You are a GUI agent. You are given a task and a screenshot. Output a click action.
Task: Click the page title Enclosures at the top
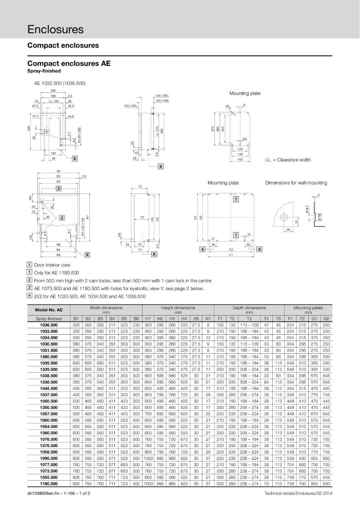pyautogui.click(x=56, y=29)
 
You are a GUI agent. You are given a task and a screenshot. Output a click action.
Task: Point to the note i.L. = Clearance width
pyautogui.click(x=287, y=160)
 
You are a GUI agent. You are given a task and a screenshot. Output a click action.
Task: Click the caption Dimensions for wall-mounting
pyautogui.click(x=296, y=183)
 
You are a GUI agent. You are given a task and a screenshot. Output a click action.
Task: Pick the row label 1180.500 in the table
pyautogui.click(x=48, y=484)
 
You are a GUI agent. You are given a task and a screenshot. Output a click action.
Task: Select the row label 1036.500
pyautogui.click(x=48, y=324)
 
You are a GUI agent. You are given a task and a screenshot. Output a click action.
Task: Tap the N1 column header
pyautogui.click(x=208, y=319)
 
